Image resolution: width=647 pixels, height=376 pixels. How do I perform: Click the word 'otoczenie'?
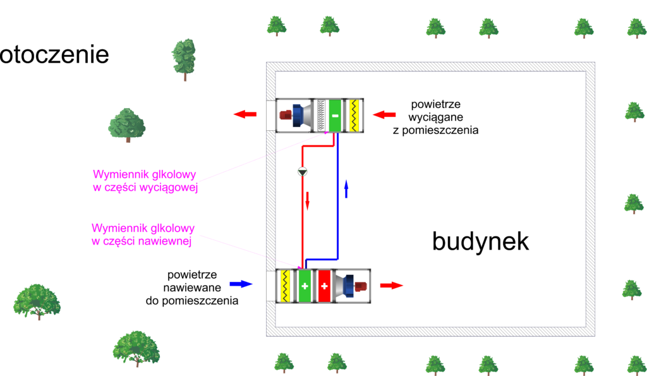pyautogui.click(x=55, y=54)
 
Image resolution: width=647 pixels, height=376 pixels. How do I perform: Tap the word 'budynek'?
pyautogui.click(x=480, y=241)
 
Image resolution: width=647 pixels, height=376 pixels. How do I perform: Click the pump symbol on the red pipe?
pyautogui.click(x=302, y=171)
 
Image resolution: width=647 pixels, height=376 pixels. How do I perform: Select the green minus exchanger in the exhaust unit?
pyautogui.click(x=336, y=115)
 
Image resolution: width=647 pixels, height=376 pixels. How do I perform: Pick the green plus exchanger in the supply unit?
pyautogui.click(x=305, y=286)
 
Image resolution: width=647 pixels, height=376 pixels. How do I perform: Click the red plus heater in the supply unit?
pyautogui.click(x=324, y=286)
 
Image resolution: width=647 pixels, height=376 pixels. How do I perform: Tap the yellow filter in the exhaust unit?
pyautogui.click(x=354, y=115)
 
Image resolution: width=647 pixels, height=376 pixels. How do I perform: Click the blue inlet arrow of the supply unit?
pyautogui.click(x=241, y=284)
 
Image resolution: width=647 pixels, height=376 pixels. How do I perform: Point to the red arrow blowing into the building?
pyautogui.click(x=391, y=285)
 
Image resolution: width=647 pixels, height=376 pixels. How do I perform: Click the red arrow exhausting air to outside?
pyautogui.click(x=245, y=114)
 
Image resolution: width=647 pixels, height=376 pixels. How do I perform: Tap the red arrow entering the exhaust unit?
pyautogui.click(x=384, y=114)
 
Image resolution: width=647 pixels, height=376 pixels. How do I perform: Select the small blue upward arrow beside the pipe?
pyautogui.click(x=346, y=188)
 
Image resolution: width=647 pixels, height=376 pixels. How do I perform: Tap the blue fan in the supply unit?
pyautogui.click(x=347, y=286)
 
